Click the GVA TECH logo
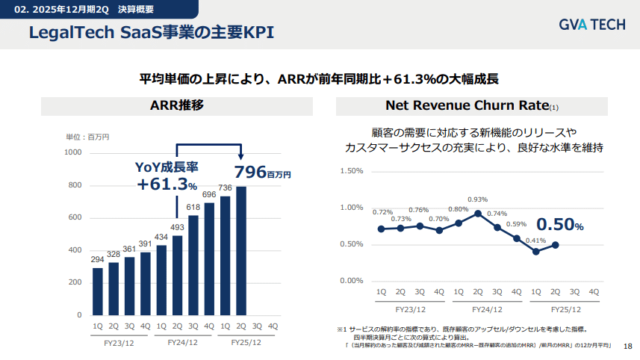coord(591,25)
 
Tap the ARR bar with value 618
coord(193,264)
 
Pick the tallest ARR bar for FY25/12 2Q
coord(241,250)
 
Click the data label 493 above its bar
coord(177,227)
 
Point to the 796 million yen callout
coord(262,172)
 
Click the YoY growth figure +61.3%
coord(167,184)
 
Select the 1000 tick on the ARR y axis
coord(73,152)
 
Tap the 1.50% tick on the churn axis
coord(351,170)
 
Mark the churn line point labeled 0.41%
coord(535,251)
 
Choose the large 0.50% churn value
coord(559,225)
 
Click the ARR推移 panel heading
coord(176,105)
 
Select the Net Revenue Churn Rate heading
coord(467,105)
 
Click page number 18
coord(627,346)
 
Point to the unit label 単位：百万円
coord(88,137)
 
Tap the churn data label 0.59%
coord(516,224)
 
